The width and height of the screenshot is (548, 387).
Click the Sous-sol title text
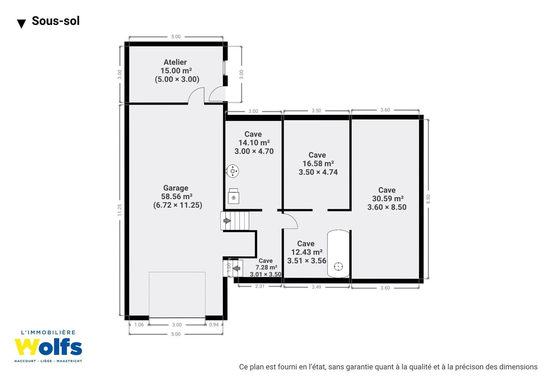pyautogui.click(x=55, y=21)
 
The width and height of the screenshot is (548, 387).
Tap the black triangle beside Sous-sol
pyautogui.click(x=21, y=24)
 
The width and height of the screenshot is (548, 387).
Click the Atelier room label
pyautogui.click(x=175, y=62)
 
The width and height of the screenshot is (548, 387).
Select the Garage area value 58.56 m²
pyautogui.click(x=177, y=196)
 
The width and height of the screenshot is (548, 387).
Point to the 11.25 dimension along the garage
pyautogui.click(x=119, y=210)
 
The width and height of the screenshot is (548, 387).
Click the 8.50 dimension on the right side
pyautogui.click(x=428, y=199)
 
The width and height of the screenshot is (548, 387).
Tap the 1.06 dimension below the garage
pyautogui.click(x=139, y=325)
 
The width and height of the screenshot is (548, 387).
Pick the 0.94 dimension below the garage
pyautogui.click(x=214, y=325)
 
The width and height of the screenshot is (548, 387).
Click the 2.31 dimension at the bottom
pyautogui.click(x=260, y=286)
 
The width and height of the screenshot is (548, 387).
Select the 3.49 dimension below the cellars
pyautogui.click(x=316, y=287)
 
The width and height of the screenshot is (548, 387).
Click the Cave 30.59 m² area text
pyautogui.click(x=388, y=198)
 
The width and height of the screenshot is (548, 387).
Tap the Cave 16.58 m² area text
pyautogui.click(x=318, y=164)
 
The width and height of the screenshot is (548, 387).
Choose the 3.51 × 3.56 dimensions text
pyautogui.click(x=307, y=261)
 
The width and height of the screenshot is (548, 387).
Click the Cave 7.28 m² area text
pyautogui.click(x=266, y=267)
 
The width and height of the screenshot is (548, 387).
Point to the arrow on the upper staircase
pyautogui.click(x=227, y=221)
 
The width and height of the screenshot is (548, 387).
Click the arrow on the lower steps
pyautogui.click(x=236, y=268)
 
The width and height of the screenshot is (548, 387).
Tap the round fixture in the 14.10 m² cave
pyautogui.click(x=232, y=171)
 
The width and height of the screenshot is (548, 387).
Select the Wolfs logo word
pyautogui.click(x=48, y=347)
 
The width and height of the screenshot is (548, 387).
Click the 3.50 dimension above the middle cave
pyautogui.click(x=316, y=111)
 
